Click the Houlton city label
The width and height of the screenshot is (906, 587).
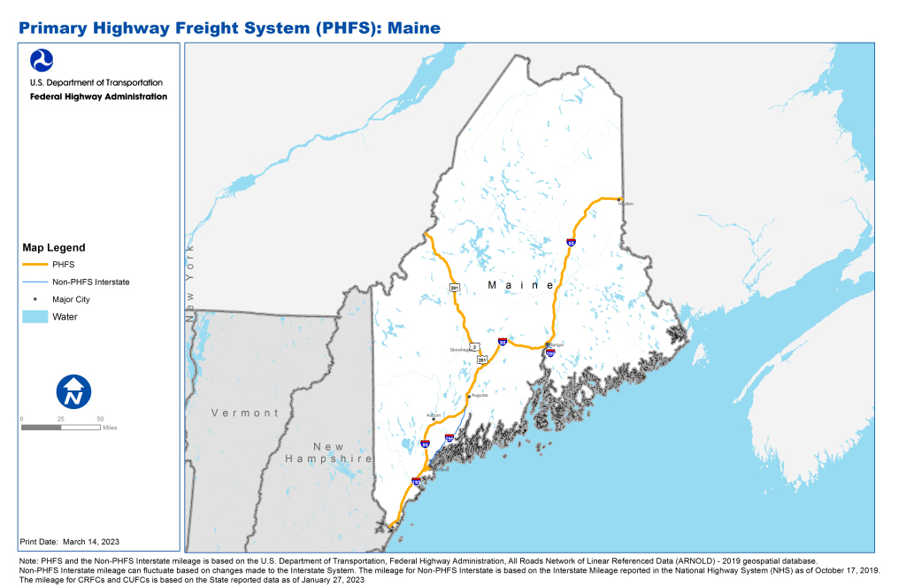click(x=627, y=204)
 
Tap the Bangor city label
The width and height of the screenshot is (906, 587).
click(x=555, y=344)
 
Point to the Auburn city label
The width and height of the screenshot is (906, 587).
click(x=434, y=414)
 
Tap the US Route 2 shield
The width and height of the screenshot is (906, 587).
click(x=474, y=346)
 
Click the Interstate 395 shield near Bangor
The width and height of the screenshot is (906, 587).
click(x=549, y=353)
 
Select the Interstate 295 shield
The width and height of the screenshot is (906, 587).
click(x=449, y=437)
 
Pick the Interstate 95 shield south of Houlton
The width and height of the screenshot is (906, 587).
click(x=572, y=242)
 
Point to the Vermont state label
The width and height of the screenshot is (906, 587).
click(x=245, y=413)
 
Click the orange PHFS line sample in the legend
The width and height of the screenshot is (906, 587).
click(x=35, y=265)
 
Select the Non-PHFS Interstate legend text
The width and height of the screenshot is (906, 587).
click(x=91, y=282)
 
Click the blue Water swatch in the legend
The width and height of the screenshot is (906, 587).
click(x=35, y=316)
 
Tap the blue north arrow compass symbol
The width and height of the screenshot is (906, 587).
click(x=73, y=392)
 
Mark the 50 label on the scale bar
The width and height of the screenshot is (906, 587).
click(x=100, y=418)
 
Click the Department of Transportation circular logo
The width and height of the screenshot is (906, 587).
click(x=42, y=60)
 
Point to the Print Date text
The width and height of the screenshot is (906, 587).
click(x=69, y=541)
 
